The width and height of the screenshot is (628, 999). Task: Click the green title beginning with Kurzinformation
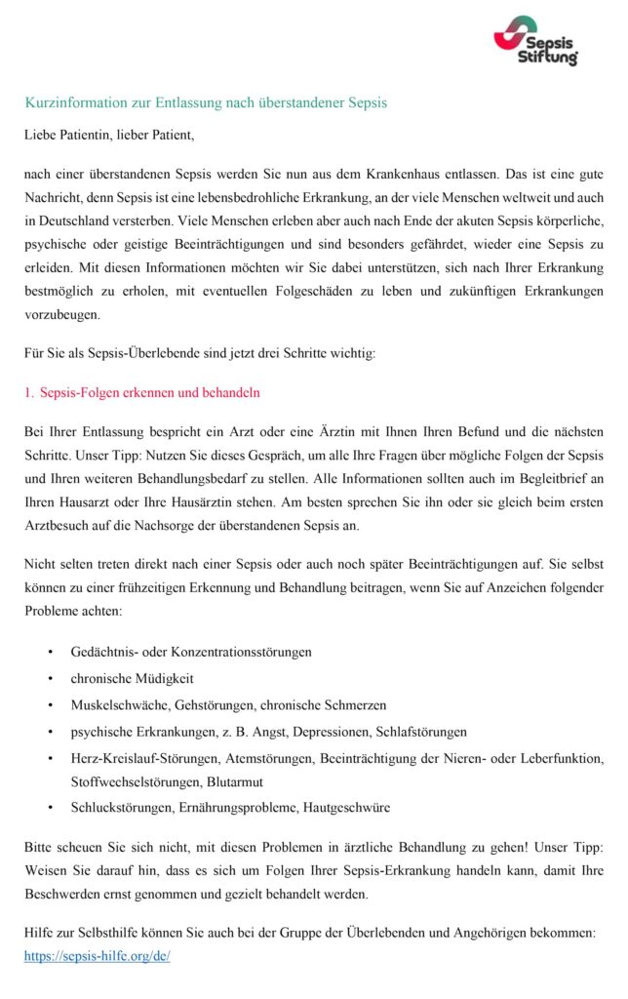coord(206,102)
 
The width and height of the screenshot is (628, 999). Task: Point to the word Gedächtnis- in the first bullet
coord(104,651)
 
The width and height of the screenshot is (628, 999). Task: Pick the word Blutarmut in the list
coord(235,781)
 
